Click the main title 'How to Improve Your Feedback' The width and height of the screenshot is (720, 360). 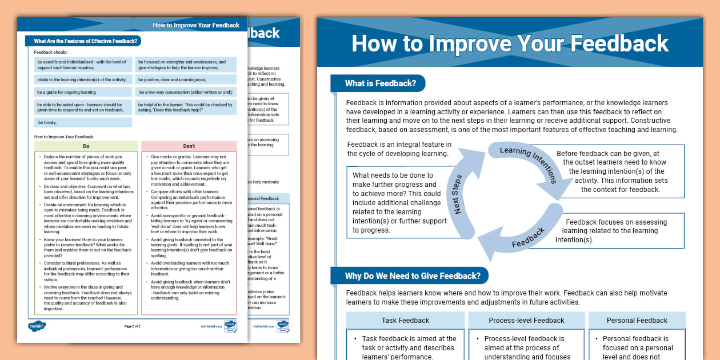click(510, 44)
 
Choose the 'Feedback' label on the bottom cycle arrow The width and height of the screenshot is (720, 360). click(528, 237)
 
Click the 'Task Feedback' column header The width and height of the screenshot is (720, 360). click(405, 321)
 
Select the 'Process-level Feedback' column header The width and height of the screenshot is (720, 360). click(526, 321)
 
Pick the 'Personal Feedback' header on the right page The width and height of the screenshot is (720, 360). click(637, 321)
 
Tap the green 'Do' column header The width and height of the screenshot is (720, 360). click(86, 146)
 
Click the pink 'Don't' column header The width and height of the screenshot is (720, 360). click(189, 146)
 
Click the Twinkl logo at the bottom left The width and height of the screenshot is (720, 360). click(37, 326)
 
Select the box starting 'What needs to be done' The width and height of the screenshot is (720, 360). click(397, 203)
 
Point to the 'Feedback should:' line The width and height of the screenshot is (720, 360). click(51, 52)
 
